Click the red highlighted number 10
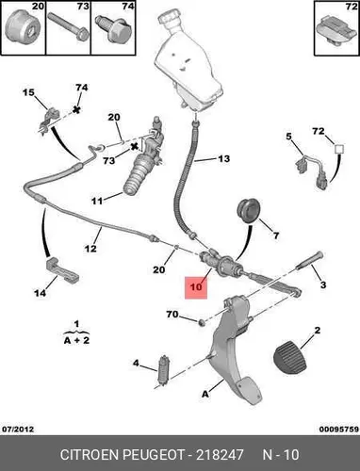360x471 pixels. (196, 287)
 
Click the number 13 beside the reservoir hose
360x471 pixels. (223, 158)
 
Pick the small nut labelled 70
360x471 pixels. (202, 322)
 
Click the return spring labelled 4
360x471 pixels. (164, 371)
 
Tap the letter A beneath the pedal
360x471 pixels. (205, 394)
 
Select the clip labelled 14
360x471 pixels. (62, 269)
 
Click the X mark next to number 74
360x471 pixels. (75, 109)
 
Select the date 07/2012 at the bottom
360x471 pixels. (18, 429)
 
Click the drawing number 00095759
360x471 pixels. (339, 429)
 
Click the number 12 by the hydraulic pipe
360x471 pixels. (90, 249)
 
